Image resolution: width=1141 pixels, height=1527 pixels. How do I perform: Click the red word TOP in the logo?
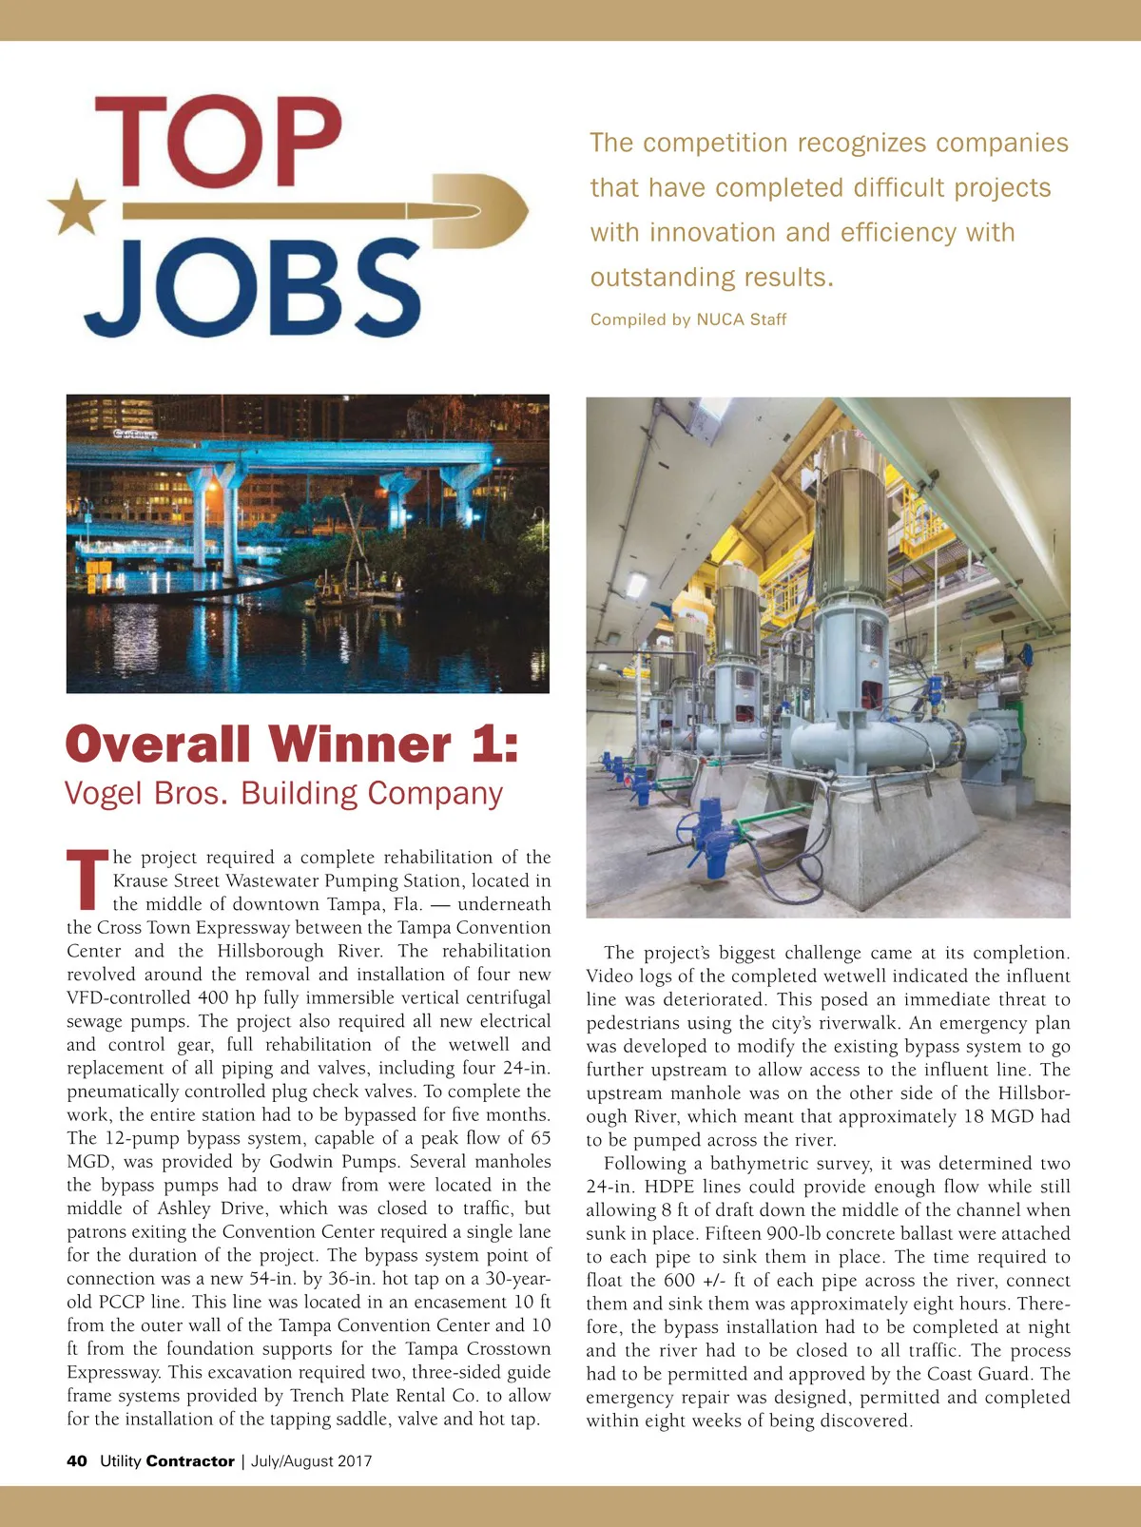(217, 142)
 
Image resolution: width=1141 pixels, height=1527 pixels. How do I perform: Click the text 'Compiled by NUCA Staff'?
(687, 319)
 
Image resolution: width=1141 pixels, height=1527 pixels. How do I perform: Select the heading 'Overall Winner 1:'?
(292, 744)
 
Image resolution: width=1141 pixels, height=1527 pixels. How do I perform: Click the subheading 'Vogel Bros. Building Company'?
(283, 793)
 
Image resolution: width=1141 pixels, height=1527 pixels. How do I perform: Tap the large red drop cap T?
(87, 878)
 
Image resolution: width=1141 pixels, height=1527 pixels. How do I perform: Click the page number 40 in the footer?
(77, 1461)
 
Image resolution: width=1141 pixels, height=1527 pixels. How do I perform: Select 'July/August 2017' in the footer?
(311, 1461)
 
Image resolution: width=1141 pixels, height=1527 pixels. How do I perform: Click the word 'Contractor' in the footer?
(190, 1461)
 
